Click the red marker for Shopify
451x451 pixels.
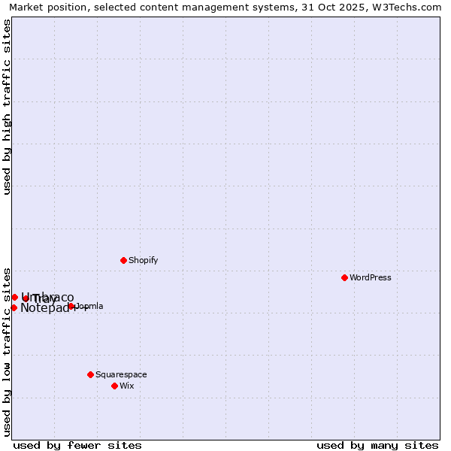coord(123,260)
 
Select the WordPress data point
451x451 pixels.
coord(344,277)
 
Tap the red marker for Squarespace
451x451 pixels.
coord(90,374)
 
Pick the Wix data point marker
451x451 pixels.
coord(114,386)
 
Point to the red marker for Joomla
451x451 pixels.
coord(71,306)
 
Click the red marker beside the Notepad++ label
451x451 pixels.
coord(14,307)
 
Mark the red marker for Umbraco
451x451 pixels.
coord(14,297)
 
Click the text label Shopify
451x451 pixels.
coord(143,260)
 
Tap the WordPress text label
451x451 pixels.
coord(370,277)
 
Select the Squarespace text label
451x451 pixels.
coord(121,374)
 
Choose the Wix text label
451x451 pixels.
coord(126,386)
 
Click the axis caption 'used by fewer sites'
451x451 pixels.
coord(77,445)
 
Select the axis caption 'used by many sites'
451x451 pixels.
coord(377,445)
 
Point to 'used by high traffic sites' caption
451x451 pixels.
coord(8,107)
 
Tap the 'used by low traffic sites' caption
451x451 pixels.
coord(8,351)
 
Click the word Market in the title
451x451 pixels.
coord(28,8)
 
